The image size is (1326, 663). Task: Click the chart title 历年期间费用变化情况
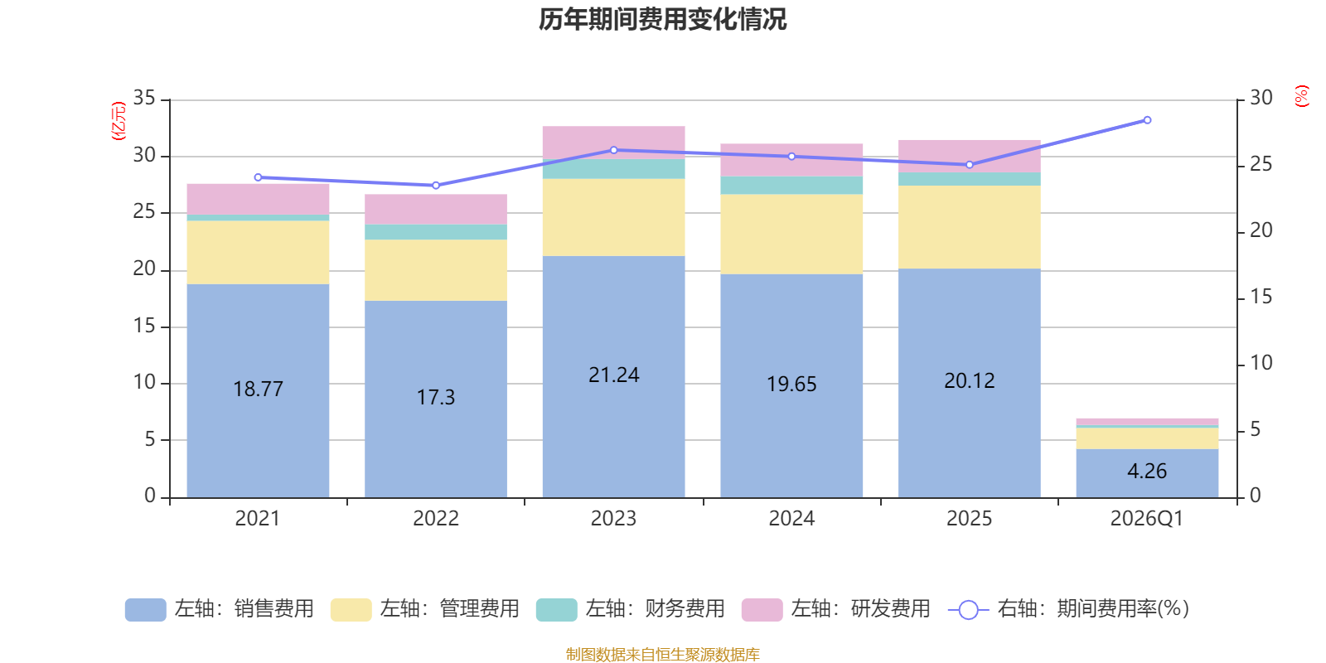click(x=662, y=20)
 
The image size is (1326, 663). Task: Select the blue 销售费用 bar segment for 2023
click(x=613, y=376)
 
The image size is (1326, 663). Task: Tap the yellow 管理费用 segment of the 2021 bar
click(x=258, y=252)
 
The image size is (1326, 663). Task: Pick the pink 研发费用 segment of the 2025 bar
click(x=969, y=157)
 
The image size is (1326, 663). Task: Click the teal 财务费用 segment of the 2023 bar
click(x=613, y=169)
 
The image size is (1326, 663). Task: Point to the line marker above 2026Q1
click(x=1147, y=120)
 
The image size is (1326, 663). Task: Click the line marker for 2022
click(x=436, y=186)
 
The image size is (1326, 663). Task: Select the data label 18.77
click(x=258, y=389)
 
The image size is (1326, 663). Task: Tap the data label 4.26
click(x=1147, y=472)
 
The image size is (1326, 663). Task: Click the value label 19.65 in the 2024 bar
click(x=791, y=385)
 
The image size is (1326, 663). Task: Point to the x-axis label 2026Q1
click(x=1147, y=519)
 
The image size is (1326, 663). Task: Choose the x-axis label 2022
click(x=436, y=519)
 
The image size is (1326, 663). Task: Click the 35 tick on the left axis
click(x=144, y=98)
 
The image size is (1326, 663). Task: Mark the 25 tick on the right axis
click(x=1261, y=164)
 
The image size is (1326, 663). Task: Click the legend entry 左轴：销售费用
click(x=220, y=609)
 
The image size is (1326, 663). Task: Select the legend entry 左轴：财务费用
click(x=631, y=609)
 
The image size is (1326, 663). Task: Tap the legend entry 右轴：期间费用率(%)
click(x=1069, y=609)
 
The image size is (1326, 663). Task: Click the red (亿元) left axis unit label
click(x=119, y=121)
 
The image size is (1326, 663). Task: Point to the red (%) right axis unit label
click(x=1301, y=96)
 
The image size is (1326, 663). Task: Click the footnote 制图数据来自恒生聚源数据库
click(x=662, y=654)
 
